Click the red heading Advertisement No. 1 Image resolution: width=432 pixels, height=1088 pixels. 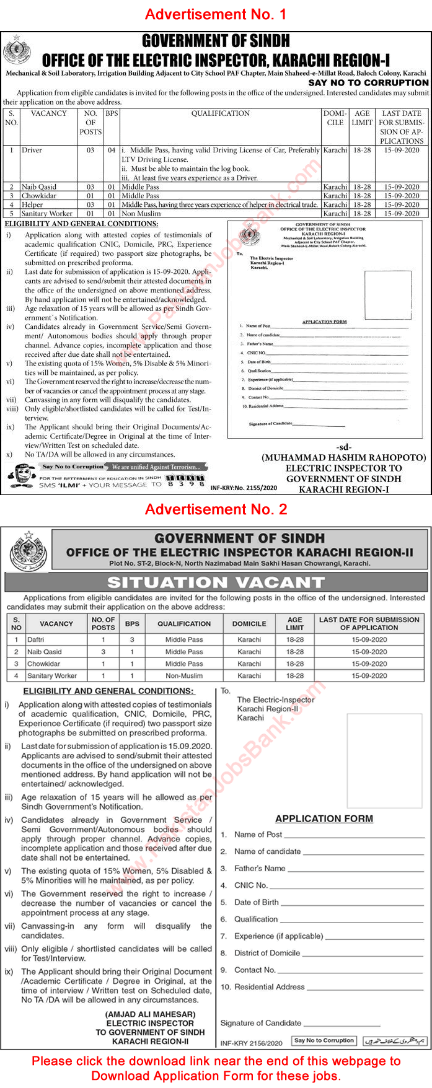pyautogui.click(x=216, y=14)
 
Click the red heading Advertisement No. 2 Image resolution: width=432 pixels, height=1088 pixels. pyautogui.click(x=216, y=509)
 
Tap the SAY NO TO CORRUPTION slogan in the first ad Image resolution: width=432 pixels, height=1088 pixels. pyautogui.click(x=368, y=82)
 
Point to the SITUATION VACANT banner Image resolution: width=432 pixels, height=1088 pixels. pyautogui.click(x=216, y=582)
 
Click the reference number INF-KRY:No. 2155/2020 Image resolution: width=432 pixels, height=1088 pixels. pyautogui.click(x=244, y=488)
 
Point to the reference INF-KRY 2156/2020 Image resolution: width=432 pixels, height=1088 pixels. pyautogui.click(x=251, y=1043)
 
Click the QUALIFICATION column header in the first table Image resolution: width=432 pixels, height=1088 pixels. pyautogui.click(x=220, y=114)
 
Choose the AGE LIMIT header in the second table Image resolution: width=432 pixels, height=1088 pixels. pyautogui.click(x=295, y=623)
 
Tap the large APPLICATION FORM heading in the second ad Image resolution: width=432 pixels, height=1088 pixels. pyautogui.click(x=324, y=818)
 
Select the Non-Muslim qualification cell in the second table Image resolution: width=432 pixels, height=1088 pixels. pyautogui.click(x=184, y=676)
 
